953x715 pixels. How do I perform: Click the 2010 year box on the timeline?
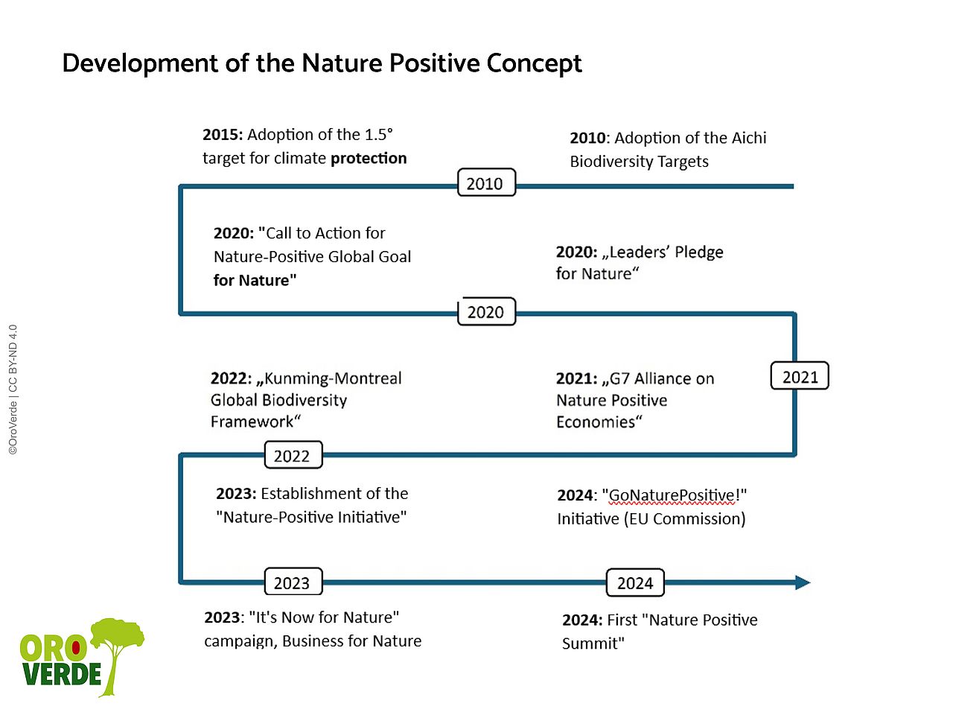pos(485,183)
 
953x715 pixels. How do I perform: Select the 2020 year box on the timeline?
pos(485,312)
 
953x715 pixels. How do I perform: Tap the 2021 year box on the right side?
pos(800,377)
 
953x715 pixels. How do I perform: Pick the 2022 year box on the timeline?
pos(293,456)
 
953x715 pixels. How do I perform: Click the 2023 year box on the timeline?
pos(293,583)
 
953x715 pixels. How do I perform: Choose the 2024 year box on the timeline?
pos(634,583)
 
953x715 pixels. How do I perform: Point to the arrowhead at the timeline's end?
pos(803,582)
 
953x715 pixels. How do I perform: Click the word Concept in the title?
pos(534,64)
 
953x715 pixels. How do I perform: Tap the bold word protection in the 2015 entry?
pos(369,159)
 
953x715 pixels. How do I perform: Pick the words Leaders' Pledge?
pos(666,252)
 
